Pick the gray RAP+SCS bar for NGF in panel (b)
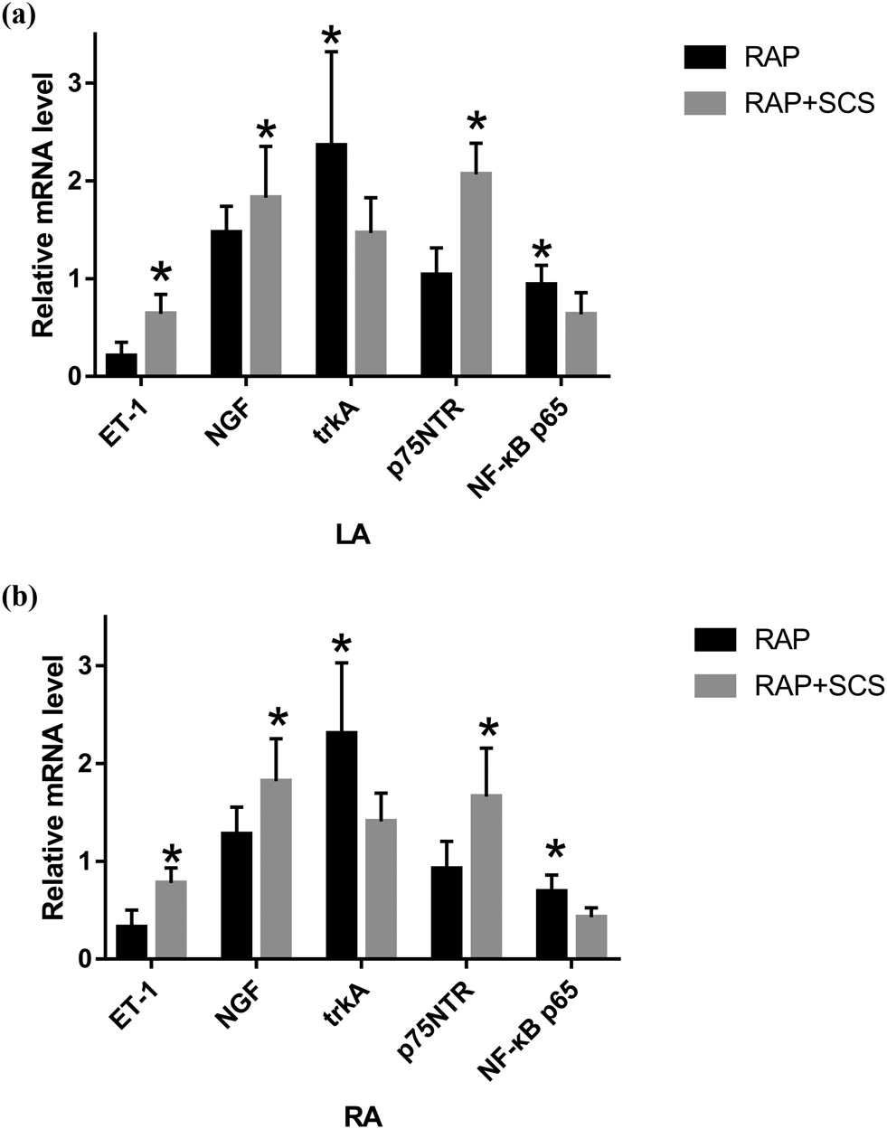(277, 868)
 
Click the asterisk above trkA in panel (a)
(332, 37)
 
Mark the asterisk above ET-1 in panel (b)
(171, 854)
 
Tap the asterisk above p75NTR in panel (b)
(488, 729)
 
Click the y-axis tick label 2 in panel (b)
(74, 764)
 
